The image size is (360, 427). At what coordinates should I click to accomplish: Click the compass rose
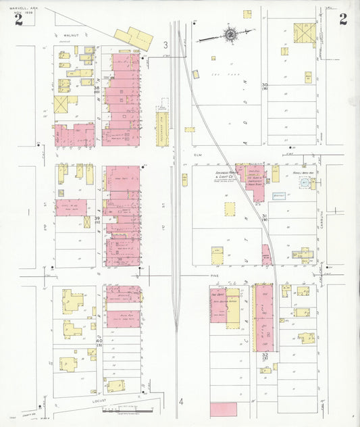(x=230, y=34)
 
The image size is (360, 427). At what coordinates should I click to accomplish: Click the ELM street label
(x=199, y=155)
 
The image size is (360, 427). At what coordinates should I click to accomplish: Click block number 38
(x=97, y=88)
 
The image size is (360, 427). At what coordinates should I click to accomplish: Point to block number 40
(x=99, y=341)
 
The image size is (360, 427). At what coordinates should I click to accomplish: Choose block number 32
(x=265, y=355)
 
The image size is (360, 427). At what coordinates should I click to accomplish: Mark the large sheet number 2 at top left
(x=18, y=20)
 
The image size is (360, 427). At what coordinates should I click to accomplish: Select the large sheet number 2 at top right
(x=343, y=18)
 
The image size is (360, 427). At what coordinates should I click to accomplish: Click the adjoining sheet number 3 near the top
(x=165, y=45)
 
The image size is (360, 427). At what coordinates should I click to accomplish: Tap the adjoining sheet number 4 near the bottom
(x=181, y=401)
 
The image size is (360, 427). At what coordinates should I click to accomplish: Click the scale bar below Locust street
(x=128, y=409)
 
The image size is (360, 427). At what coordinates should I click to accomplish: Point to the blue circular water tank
(x=304, y=183)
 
